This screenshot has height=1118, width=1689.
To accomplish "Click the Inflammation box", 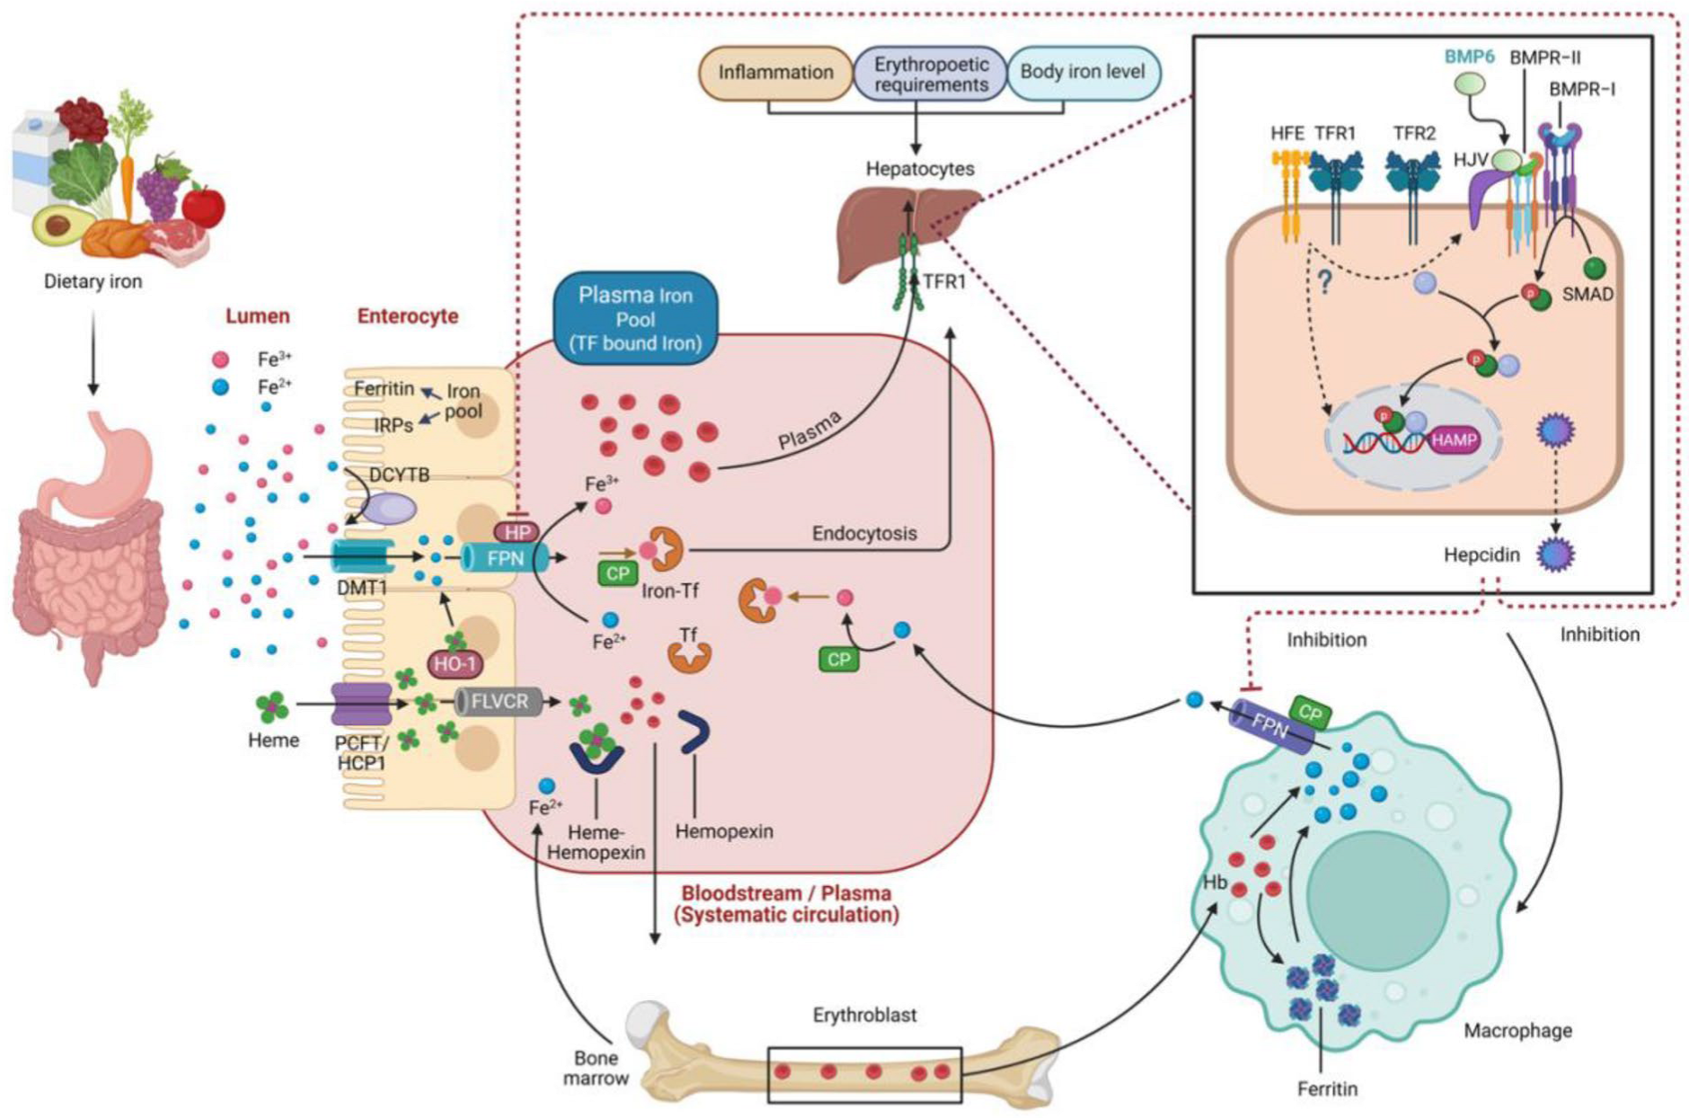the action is click(775, 73).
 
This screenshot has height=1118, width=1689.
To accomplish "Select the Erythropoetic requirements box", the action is click(931, 74).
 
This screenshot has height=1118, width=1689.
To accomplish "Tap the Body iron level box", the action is click(1083, 72).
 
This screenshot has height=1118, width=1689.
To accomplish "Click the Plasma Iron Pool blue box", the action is click(635, 318).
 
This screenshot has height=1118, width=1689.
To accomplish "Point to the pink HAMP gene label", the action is click(1454, 440).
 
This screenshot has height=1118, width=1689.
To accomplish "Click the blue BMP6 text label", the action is click(1469, 57).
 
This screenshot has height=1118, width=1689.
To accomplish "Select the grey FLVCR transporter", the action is click(499, 701).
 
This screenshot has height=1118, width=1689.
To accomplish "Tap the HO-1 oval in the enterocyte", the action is click(455, 664).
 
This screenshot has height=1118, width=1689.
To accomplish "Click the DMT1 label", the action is click(362, 587).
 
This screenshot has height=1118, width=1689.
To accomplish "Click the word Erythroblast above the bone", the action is click(864, 1016).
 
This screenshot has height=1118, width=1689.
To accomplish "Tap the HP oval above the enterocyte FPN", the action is click(517, 532).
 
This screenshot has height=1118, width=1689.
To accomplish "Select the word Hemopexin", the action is click(724, 832).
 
